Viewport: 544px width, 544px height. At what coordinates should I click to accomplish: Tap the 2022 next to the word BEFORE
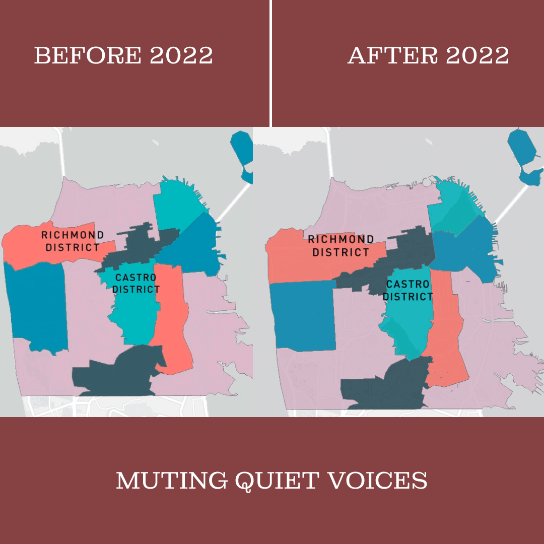pos(181,55)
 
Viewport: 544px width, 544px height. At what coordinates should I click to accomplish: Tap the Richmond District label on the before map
pos(73,241)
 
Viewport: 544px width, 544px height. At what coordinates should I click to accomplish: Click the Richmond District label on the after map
pos(341,246)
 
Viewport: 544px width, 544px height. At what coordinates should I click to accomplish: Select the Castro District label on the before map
pos(136,284)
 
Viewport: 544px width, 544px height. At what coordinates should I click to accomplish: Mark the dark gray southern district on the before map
pos(118,373)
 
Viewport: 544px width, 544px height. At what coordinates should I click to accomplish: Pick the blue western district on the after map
pos(302,315)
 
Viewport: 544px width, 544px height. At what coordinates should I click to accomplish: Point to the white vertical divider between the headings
pos(271,63)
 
